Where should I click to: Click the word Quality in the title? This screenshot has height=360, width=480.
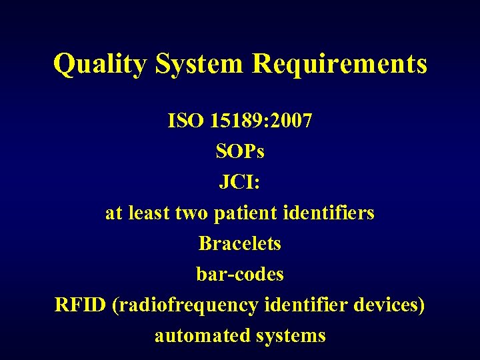coord(101,65)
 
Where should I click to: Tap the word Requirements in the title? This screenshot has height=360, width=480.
coord(339,65)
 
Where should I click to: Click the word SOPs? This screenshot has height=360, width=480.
coord(240,152)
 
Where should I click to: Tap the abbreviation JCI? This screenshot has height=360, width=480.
coord(240,182)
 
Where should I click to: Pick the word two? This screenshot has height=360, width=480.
coord(193,213)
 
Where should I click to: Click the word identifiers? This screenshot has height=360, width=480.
coord(329,213)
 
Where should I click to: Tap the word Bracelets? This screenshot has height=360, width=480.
coord(240,243)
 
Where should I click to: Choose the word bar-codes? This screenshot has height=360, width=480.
coord(240,274)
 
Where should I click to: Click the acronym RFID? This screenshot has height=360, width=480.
coord(81,305)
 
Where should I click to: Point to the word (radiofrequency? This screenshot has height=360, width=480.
coord(186,305)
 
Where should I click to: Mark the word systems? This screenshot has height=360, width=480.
coord(290,336)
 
